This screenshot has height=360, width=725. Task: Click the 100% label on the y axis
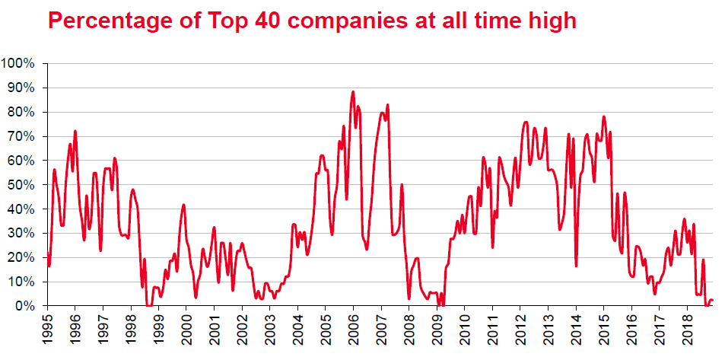tap(18, 63)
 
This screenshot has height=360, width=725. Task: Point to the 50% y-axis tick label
tap(21, 185)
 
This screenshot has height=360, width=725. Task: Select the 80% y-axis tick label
tap(21, 112)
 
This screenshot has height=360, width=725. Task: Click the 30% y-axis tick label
tap(21, 234)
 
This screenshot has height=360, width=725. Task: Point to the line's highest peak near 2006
tap(353, 92)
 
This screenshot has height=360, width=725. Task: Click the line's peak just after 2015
tap(604, 116)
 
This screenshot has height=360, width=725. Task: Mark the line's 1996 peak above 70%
tap(75, 131)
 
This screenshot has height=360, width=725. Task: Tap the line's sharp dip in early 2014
tap(576, 266)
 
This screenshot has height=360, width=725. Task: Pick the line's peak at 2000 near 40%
tap(183, 205)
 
